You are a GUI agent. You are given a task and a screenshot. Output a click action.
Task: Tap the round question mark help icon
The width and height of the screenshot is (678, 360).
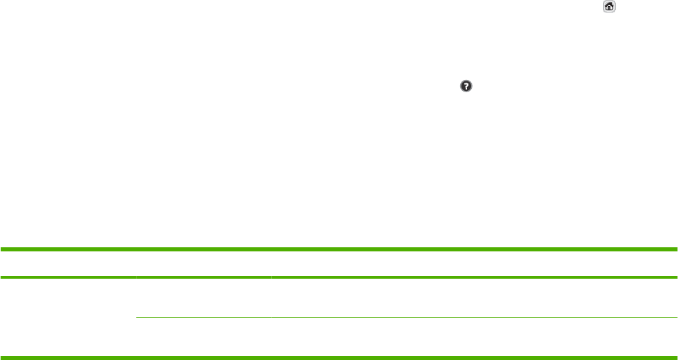pos(466,87)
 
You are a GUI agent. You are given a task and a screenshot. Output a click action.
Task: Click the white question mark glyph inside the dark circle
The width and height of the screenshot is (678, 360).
pos(466,87)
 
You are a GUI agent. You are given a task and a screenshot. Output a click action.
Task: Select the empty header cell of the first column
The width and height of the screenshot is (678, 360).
pos(68,264)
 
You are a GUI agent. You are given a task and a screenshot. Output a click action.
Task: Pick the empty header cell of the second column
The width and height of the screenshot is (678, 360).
pos(203,264)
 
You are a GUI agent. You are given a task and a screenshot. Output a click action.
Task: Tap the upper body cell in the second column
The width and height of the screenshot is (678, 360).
pos(203,297)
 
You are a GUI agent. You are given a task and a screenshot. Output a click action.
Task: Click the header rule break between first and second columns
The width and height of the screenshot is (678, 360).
pos(136,277)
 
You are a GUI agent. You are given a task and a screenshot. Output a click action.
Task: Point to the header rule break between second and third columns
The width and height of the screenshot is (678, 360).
pos(271,277)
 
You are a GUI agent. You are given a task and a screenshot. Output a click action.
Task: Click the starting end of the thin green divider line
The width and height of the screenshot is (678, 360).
pos(138,317)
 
